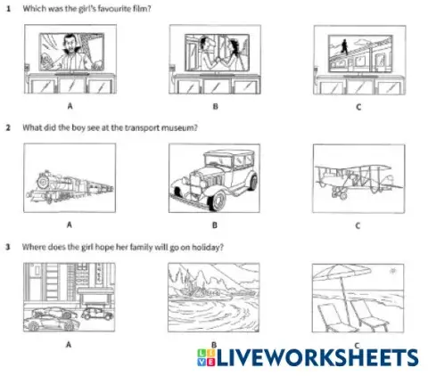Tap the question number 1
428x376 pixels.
9,8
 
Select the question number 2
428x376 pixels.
9,127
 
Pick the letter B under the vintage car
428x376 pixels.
213,225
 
